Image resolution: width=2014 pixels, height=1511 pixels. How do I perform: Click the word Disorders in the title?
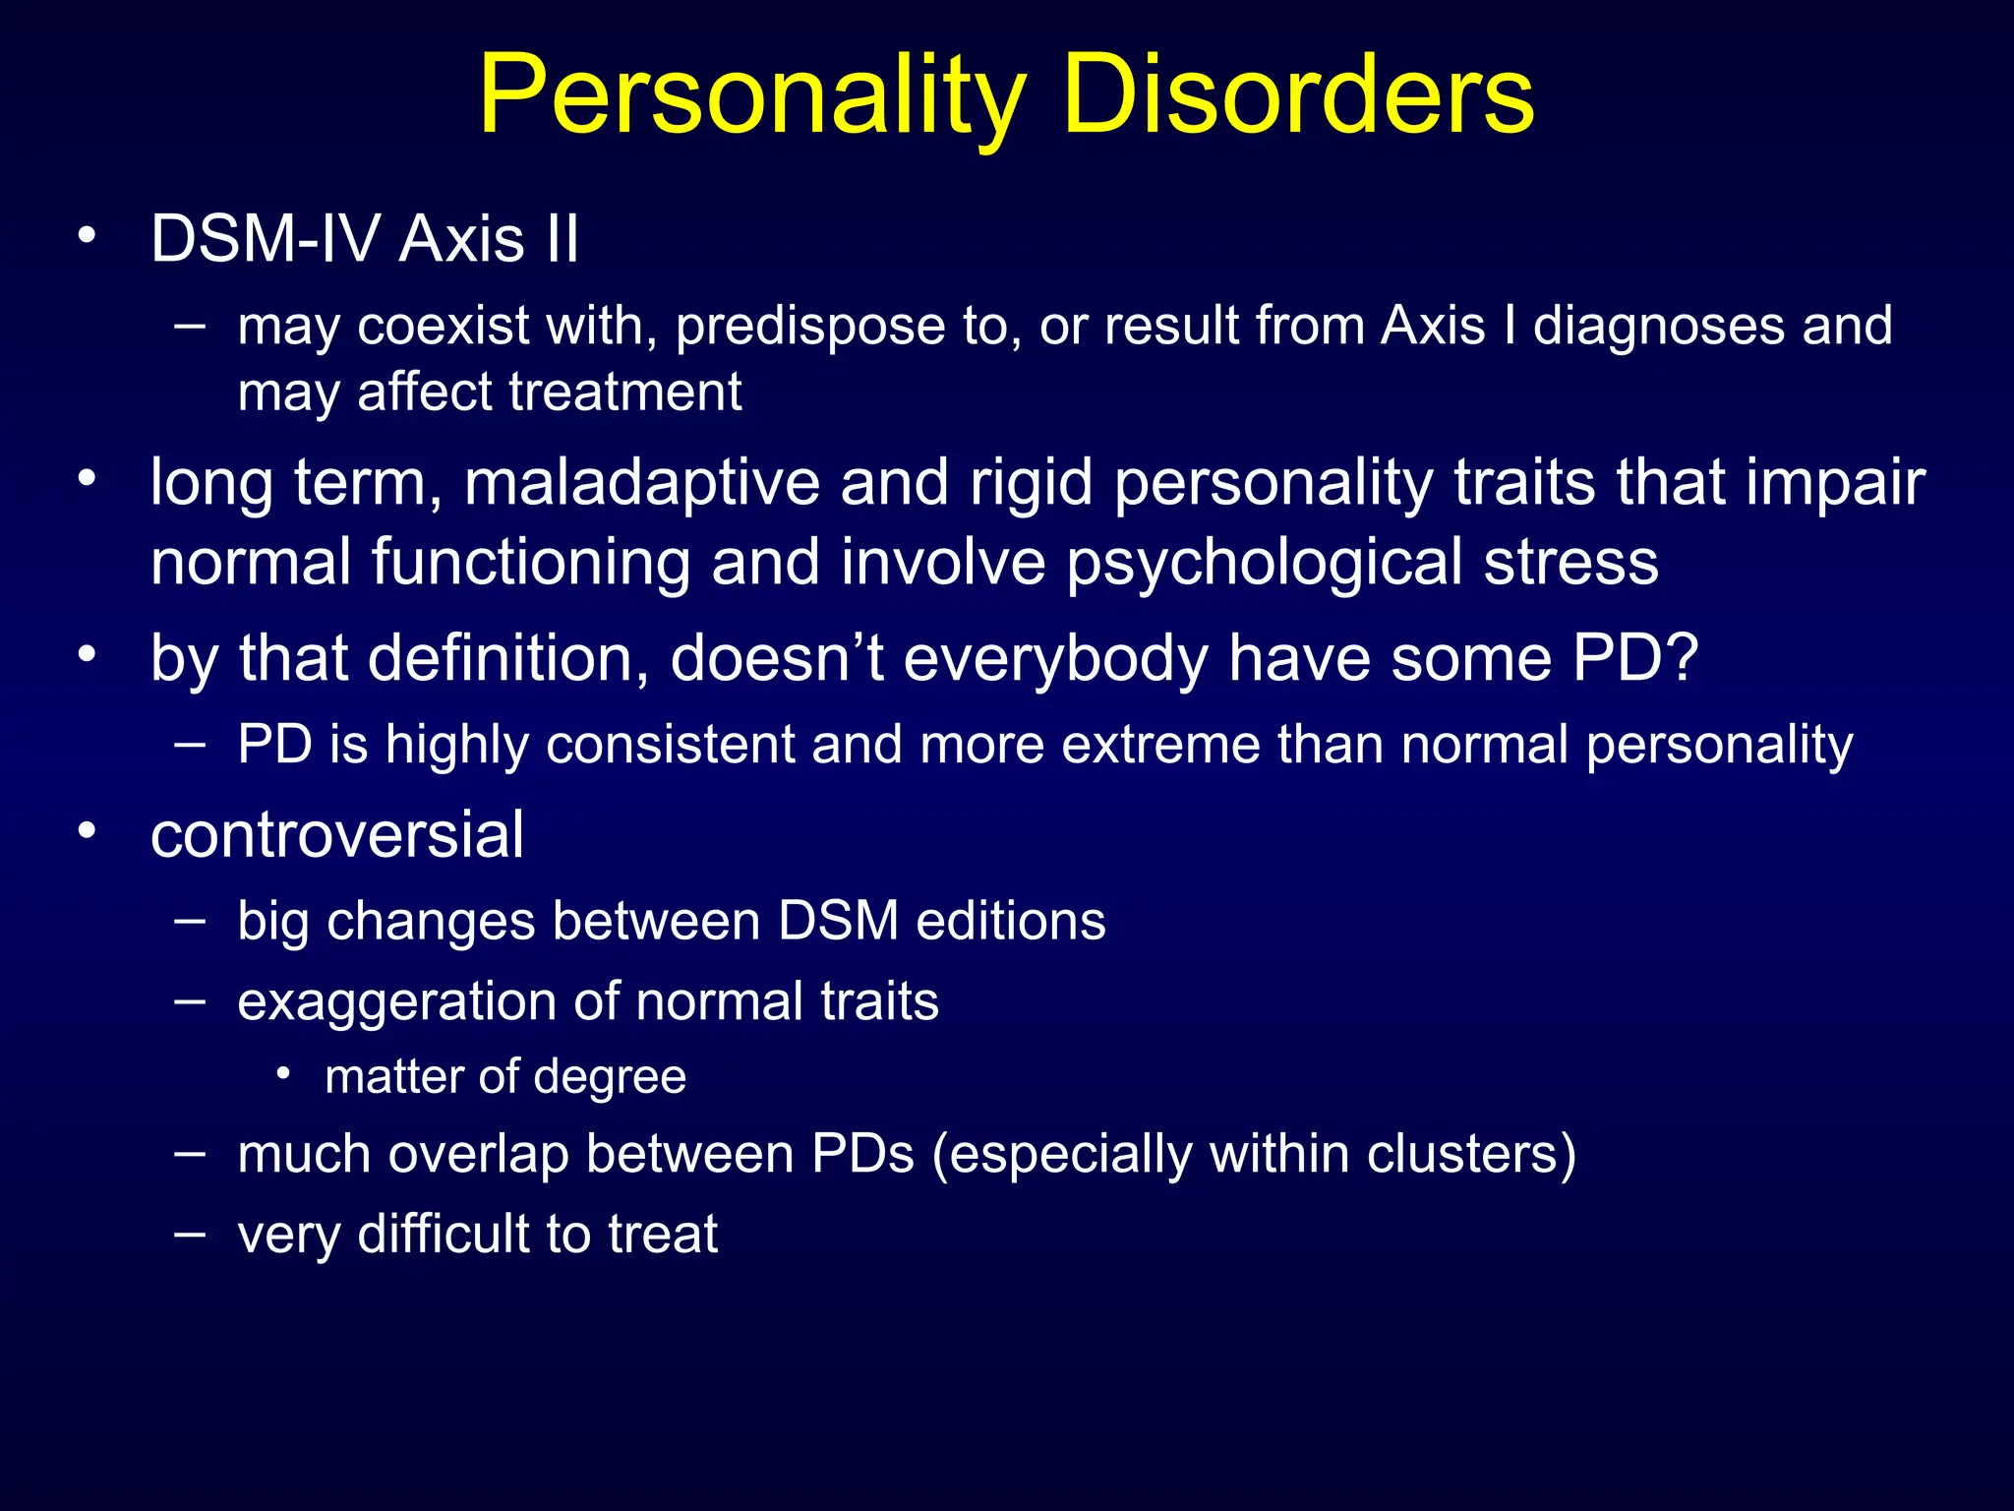tap(1298, 96)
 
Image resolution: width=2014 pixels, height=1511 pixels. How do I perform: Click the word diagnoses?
tap(1658, 327)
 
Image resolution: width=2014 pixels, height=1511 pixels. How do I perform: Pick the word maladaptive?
tap(641, 483)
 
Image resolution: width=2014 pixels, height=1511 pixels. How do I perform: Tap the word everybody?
tap(1056, 658)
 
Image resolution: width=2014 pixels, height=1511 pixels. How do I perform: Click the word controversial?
tap(337, 835)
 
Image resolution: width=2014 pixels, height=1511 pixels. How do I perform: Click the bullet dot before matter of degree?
tap(283, 1074)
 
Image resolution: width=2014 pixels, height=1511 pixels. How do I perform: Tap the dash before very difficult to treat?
tap(190, 1234)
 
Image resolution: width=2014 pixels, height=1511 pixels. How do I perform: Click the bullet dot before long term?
tap(88, 479)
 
